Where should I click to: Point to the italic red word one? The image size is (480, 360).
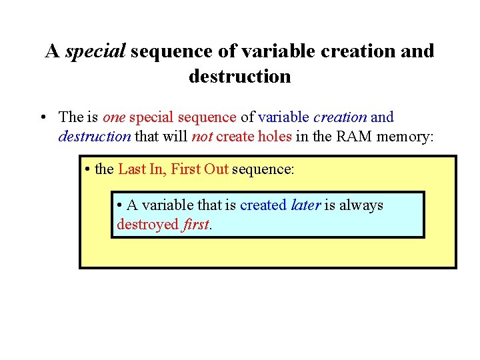(114, 117)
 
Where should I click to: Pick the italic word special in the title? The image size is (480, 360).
(95, 51)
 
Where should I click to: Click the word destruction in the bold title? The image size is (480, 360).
(239, 76)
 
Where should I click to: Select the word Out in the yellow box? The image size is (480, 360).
(217, 169)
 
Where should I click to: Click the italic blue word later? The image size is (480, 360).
(306, 205)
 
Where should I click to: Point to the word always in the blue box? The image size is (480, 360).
(361, 205)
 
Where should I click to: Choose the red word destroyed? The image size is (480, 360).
(147, 224)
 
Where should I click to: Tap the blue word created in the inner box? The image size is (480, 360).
(264, 205)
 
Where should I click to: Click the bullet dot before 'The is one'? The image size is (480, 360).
(42, 118)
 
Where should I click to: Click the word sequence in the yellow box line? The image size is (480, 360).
(263, 169)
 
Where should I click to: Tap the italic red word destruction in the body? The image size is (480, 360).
(95, 137)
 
